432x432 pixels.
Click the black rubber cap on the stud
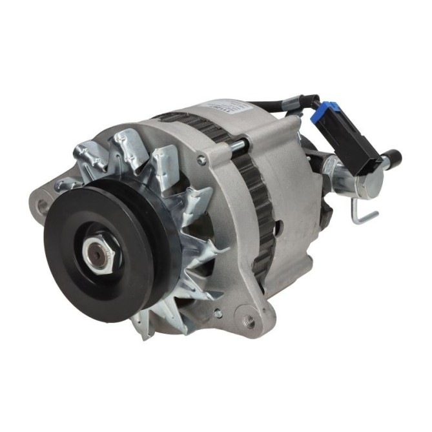pos(391,156)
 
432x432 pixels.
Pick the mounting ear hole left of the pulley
pos(43,206)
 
